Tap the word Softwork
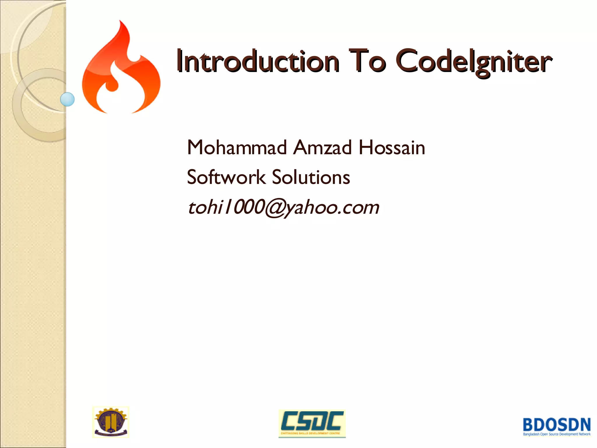[226, 177]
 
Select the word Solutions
[311, 177]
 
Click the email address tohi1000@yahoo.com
[283, 207]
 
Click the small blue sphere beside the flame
[67, 99]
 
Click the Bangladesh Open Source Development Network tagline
[557, 434]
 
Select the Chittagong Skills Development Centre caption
[310, 433]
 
